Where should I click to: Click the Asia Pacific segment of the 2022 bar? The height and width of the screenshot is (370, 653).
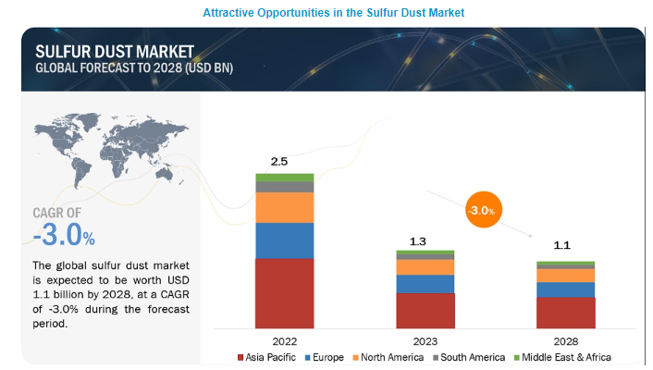coord(284,293)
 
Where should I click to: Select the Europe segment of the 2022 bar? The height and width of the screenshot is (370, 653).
coord(284,240)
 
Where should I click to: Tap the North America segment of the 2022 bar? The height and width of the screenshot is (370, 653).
coord(284,207)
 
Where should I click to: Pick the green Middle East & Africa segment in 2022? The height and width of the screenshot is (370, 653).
coord(284,178)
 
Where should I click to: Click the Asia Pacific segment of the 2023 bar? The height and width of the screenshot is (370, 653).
coord(425,311)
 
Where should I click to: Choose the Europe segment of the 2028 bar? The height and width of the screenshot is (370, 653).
coord(565,290)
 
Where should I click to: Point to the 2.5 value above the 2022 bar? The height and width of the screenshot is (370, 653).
coord(279,162)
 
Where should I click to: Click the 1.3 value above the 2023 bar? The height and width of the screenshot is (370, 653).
coord(419,241)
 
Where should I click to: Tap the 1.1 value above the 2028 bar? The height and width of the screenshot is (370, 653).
coord(560,247)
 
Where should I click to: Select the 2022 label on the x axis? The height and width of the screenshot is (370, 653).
coord(284,339)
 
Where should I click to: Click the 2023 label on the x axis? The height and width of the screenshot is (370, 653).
coord(425,339)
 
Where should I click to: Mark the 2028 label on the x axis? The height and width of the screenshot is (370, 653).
coord(565,339)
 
